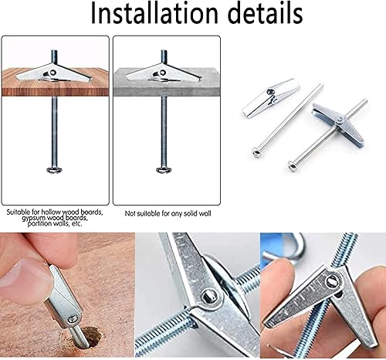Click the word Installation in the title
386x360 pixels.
click(x=154, y=13)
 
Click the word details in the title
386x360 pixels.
click(x=266, y=13)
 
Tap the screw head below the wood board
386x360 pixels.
click(x=55, y=170)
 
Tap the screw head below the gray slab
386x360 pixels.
click(x=164, y=170)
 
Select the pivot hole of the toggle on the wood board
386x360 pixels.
click(x=52, y=73)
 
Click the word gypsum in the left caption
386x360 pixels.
click(x=31, y=219)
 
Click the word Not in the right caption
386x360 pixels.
click(x=130, y=213)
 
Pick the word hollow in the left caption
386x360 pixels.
click(x=51, y=212)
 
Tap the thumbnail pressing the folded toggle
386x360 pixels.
click(x=25, y=272)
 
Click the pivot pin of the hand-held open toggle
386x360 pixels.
click(x=333, y=281)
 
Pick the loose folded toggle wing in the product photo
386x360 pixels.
click(x=271, y=98)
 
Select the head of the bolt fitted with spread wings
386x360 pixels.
click(x=293, y=165)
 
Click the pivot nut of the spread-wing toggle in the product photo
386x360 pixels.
click(x=340, y=121)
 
